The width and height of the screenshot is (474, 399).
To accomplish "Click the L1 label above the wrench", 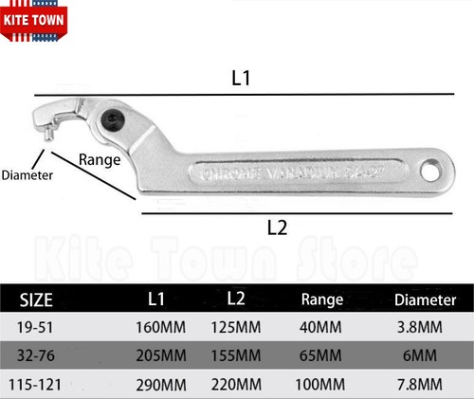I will coord(241,79).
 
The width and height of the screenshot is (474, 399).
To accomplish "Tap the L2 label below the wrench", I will coord(276,227).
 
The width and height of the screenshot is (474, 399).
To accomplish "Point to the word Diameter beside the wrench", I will coord(27,175).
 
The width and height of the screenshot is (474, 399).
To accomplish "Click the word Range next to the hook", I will coord(99,159).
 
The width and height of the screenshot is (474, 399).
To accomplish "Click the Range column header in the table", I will coord(321,299).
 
